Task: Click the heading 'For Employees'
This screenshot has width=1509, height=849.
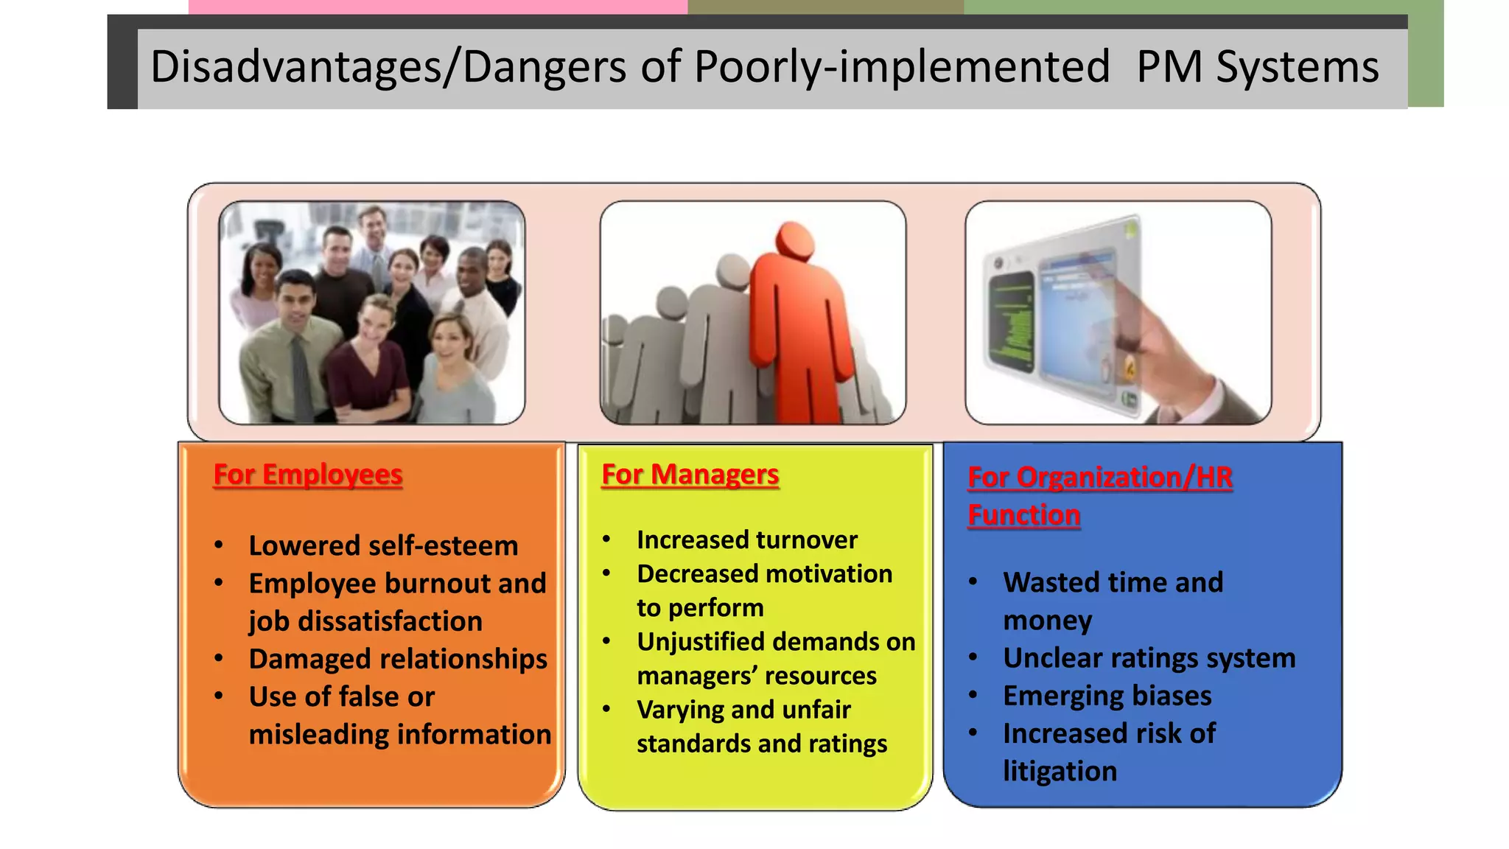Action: point(307,474)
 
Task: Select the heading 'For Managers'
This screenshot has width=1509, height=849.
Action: point(690,474)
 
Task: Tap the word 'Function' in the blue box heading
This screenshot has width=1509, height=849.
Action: point(1023,514)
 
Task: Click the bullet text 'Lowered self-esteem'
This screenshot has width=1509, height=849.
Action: point(383,545)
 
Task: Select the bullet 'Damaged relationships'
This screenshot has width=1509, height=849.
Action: point(398,658)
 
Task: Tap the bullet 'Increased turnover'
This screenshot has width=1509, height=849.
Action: point(746,539)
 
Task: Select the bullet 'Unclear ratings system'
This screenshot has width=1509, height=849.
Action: point(1149,657)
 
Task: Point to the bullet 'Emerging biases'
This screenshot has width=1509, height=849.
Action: point(1107,695)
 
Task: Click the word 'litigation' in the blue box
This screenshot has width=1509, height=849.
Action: point(1060,771)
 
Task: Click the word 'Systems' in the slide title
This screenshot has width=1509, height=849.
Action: point(1297,66)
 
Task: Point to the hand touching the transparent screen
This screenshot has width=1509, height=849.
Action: point(1149,324)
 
